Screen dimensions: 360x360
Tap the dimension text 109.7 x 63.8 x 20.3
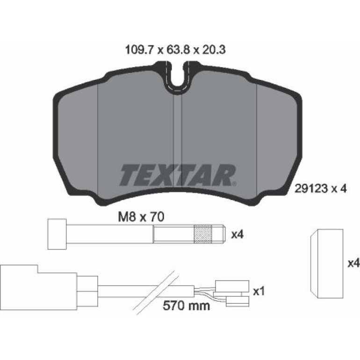click(175, 50)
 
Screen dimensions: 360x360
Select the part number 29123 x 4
click(321, 189)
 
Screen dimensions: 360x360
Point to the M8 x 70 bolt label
click(141, 217)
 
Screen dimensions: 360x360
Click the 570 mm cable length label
click(186, 306)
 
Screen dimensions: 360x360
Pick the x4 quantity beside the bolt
click(237, 235)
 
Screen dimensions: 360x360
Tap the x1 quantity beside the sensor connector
click(259, 292)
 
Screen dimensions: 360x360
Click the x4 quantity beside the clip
click(353, 263)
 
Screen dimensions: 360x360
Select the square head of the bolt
click(57, 234)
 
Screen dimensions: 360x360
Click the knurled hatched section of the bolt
click(203, 234)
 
